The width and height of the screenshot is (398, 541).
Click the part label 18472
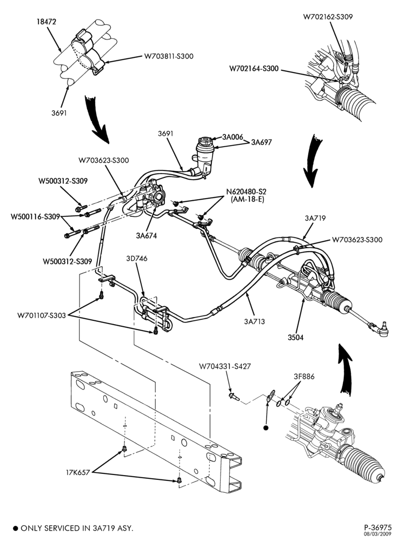point(47,22)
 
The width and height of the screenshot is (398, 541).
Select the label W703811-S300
point(169,56)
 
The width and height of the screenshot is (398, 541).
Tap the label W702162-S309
point(328,17)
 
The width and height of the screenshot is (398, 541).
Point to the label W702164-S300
point(254,69)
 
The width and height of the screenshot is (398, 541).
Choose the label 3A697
point(261,142)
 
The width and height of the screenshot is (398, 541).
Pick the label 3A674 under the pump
point(146,236)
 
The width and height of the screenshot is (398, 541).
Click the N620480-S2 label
point(246,192)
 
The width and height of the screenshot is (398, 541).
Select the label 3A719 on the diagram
point(315,219)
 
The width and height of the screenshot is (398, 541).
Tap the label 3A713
point(255,322)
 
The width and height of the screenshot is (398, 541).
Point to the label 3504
point(296,338)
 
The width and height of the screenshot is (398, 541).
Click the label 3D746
point(137,259)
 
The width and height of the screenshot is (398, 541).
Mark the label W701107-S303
point(42,315)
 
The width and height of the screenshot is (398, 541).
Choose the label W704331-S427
point(224,366)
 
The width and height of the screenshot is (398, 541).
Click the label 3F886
point(304,377)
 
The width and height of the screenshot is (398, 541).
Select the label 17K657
point(78,472)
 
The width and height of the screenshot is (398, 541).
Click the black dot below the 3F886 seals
point(266,428)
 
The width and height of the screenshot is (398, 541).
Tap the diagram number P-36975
point(378,527)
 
